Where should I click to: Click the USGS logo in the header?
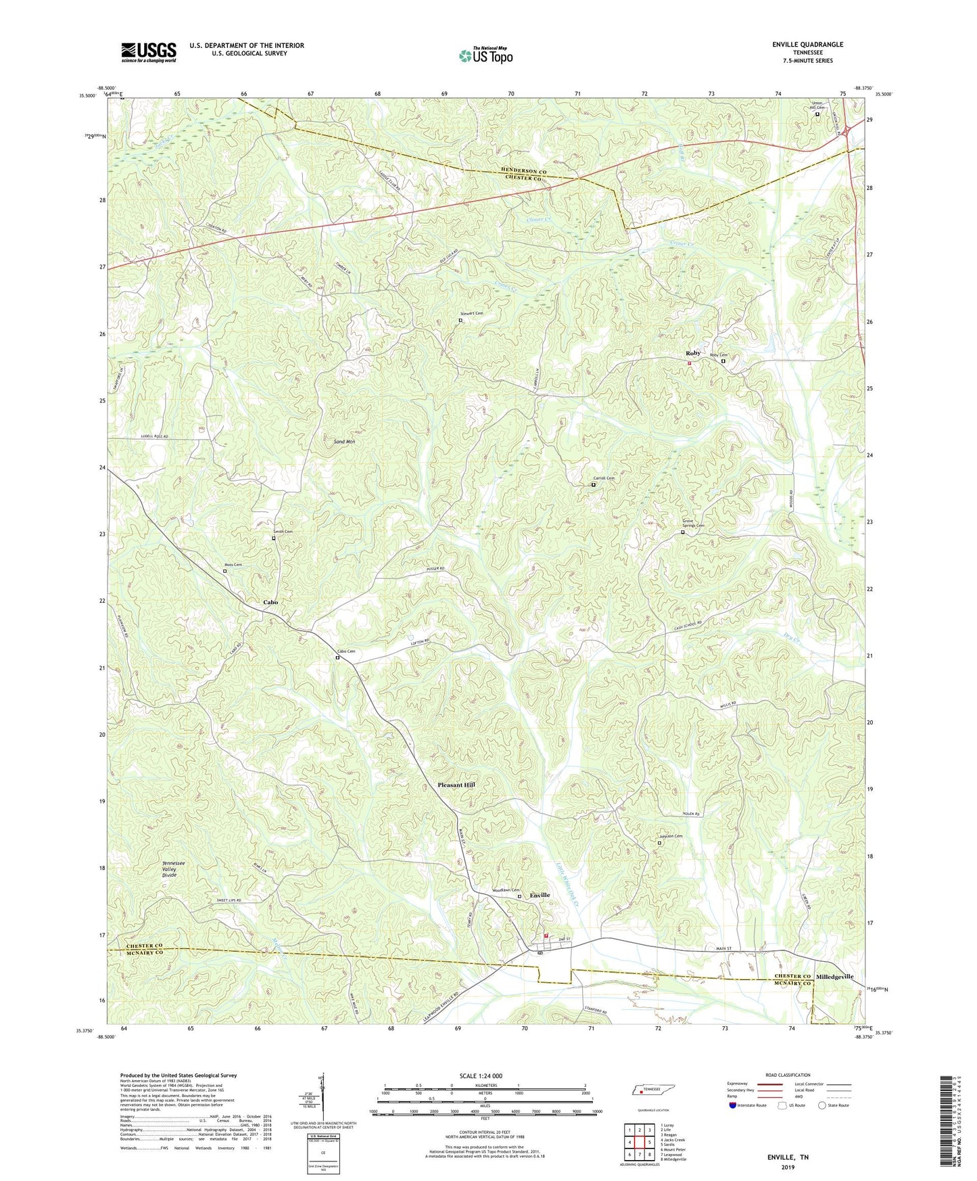tap(149, 52)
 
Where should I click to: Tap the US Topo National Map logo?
tap(485, 55)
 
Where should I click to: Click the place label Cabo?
tap(270, 602)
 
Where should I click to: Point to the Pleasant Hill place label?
tap(456, 785)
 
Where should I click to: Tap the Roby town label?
tap(692, 353)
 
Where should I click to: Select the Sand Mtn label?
tap(344, 442)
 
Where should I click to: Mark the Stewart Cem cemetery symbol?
tap(460, 321)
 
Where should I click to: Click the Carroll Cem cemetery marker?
tap(594, 484)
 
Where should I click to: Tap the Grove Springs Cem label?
tap(692, 523)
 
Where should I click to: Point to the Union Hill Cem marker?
tap(817, 114)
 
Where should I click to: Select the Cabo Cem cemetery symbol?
tap(337, 657)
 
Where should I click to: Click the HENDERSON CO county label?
tap(513, 172)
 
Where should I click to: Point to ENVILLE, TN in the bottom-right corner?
tap(787, 1157)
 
